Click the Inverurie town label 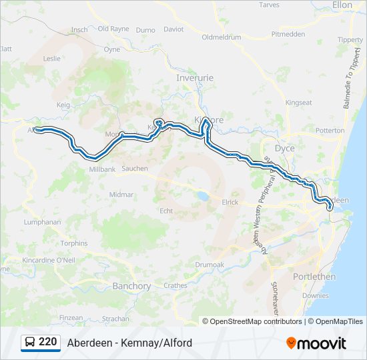click(x=195, y=78)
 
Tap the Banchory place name click(x=131, y=286)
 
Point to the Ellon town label click(x=342, y=5)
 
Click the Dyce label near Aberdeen click(x=285, y=148)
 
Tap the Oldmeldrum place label click(x=221, y=37)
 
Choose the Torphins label click(x=73, y=243)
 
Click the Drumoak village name click(x=210, y=265)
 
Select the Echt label click(x=166, y=211)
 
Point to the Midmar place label click(x=121, y=194)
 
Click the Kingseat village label click(x=298, y=103)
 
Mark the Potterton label click(x=330, y=130)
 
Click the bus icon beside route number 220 click(x=31, y=343)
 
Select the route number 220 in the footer click(x=47, y=342)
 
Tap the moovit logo click(x=316, y=343)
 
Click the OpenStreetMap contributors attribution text click(x=256, y=321)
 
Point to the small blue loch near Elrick click(x=201, y=197)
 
